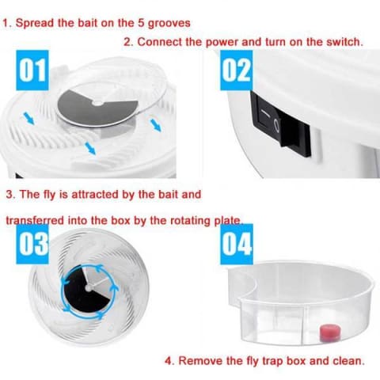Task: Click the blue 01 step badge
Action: (x=32, y=70)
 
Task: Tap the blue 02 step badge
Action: (x=237, y=70)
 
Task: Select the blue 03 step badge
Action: (x=32, y=244)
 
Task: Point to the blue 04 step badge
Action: (x=237, y=244)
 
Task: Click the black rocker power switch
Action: (x=281, y=124)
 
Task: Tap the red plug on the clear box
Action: (x=329, y=333)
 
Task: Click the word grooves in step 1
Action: (x=169, y=24)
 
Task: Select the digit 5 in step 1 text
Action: (x=141, y=23)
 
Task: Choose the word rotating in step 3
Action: (x=190, y=220)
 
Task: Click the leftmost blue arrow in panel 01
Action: (x=29, y=118)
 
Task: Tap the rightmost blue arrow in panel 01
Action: (x=155, y=125)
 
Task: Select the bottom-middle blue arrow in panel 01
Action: (x=90, y=148)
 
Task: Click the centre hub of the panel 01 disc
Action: (x=98, y=104)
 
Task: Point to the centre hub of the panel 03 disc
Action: (x=88, y=288)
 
